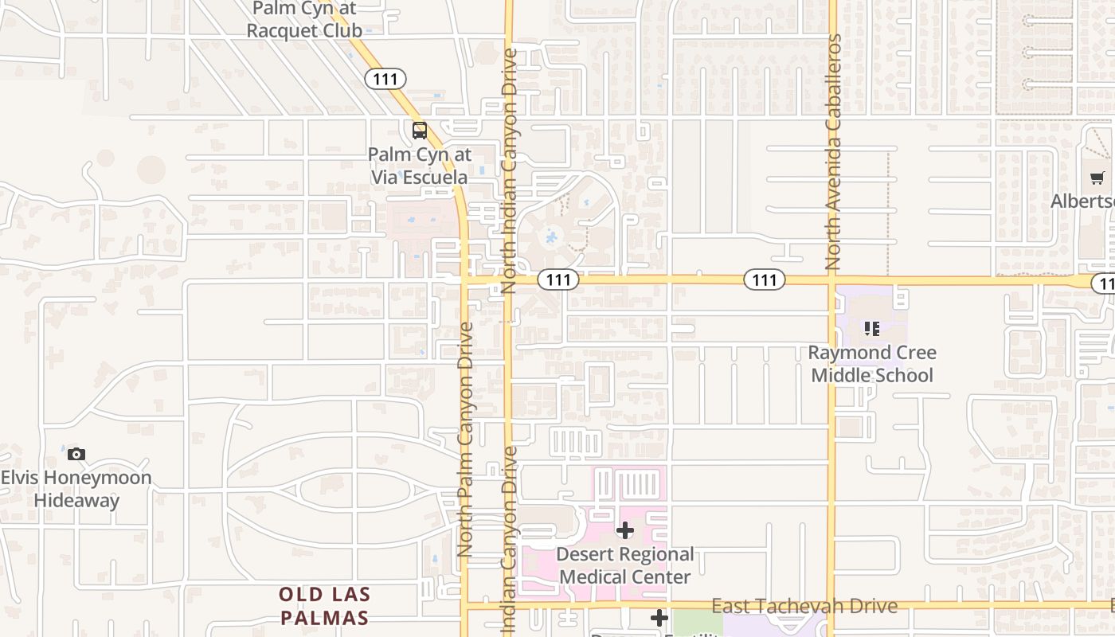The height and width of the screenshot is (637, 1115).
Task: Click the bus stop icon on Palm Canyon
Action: [420, 131]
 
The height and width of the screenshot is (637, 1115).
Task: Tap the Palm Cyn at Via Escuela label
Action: [420, 166]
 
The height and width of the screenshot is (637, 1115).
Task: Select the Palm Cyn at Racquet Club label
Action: [304, 20]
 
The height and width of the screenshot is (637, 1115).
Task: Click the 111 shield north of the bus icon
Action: [385, 79]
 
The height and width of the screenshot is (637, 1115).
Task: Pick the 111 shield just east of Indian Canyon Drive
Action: [558, 279]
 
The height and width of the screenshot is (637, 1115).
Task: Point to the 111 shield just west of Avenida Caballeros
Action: [765, 279]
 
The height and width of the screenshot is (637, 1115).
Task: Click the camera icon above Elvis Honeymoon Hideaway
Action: [76, 454]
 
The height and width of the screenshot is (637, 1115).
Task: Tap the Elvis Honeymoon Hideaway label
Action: [76, 489]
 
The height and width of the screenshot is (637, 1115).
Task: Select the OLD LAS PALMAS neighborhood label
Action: [324, 606]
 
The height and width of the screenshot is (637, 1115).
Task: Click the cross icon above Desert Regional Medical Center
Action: [625, 530]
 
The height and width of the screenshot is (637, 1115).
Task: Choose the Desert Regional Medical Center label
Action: [625, 565]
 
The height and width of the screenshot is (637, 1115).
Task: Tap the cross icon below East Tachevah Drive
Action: [659, 617]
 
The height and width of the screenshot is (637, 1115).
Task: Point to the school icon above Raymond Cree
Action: [872, 328]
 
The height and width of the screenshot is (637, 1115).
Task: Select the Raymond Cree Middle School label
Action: [872, 364]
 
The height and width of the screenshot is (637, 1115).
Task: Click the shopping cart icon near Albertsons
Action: [1097, 178]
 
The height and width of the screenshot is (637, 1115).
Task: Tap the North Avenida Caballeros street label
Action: [834, 151]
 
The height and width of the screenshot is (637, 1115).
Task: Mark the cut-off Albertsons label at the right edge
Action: [1083, 201]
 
